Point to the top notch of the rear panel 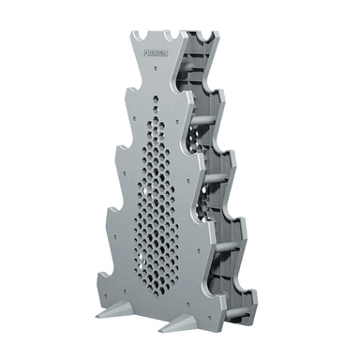[200, 38]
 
